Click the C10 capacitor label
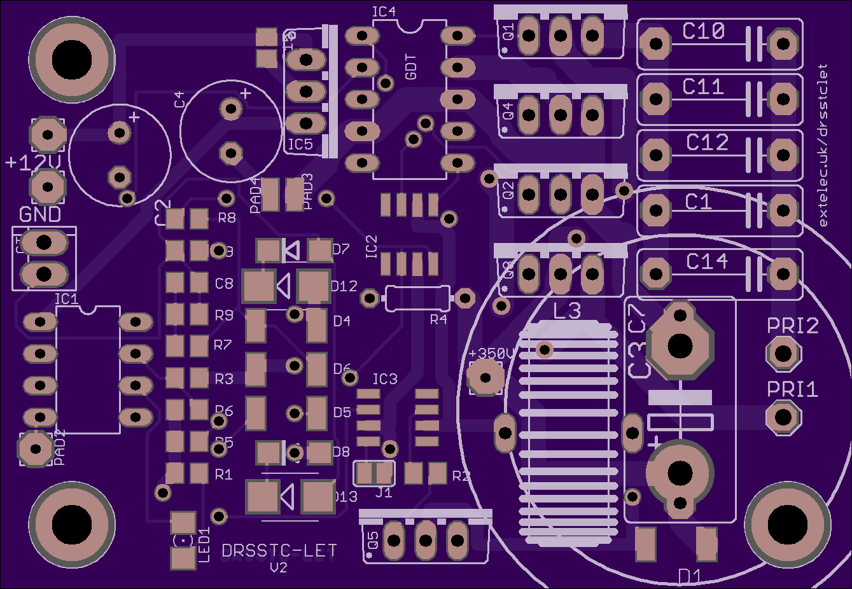pyautogui.click(x=703, y=31)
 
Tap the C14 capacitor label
pyautogui.click(x=707, y=261)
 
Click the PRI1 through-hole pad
pyautogui.click(x=783, y=417)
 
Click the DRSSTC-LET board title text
pyautogui.click(x=279, y=551)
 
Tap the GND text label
pyautogui.click(x=40, y=214)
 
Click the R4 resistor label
pyautogui.click(x=438, y=319)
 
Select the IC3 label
pyautogui.click(x=384, y=379)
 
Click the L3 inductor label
pyautogui.click(x=567, y=311)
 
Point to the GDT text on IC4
pyautogui.click(x=411, y=67)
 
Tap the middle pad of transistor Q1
pyautogui.click(x=561, y=36)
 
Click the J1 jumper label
pyautogui.click(x=384, y=493)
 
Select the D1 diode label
pyautogui.click(x=690, y=576)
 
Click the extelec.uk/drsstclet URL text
pyautogui.click(x=823, y=145)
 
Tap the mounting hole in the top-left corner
pyautogui.click(x=72, y=60)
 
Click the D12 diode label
pyautogui.click(x=344, y=286)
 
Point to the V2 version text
pyautogui.click(x=279, y=567)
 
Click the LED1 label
pyautogui.click(x=204, y=544)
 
